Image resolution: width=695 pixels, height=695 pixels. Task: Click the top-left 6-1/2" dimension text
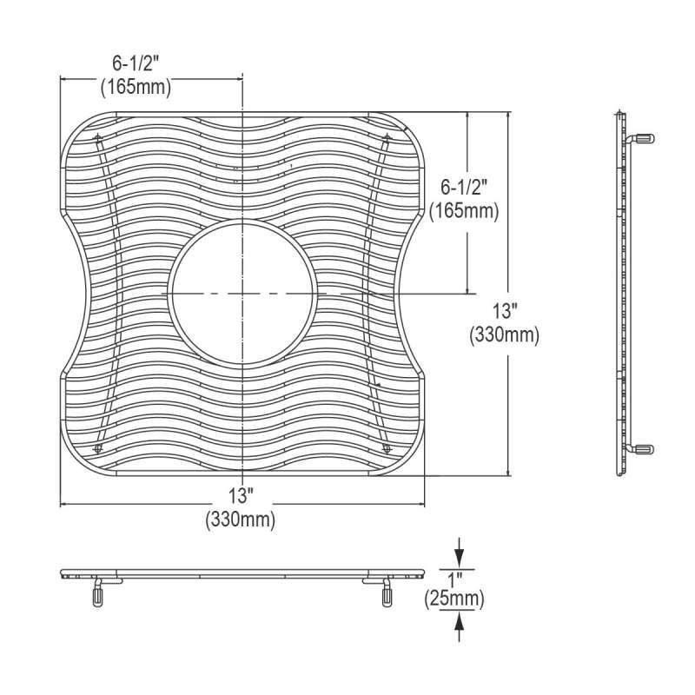(x=136, y=63)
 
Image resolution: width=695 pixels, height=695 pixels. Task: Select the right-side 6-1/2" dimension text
(x=464, y=188)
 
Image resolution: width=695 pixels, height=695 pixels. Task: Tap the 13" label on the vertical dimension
(x=503, y=311)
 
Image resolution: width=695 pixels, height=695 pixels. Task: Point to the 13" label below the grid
(x=241, y=495)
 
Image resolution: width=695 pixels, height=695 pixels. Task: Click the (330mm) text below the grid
(x=241, y=519)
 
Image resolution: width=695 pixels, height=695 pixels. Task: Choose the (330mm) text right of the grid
(x=505, y=334)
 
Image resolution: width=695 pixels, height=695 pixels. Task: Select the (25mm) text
(x=454, y=599)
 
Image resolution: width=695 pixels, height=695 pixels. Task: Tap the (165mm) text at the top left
(x=136, y=87)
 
